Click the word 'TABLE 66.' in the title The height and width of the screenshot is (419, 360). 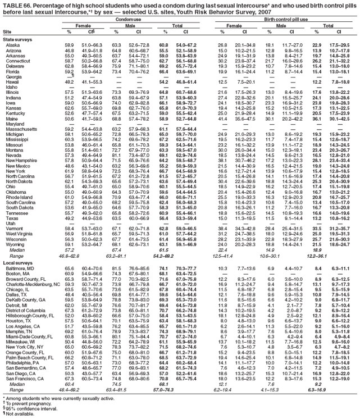tap(15, 4)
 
